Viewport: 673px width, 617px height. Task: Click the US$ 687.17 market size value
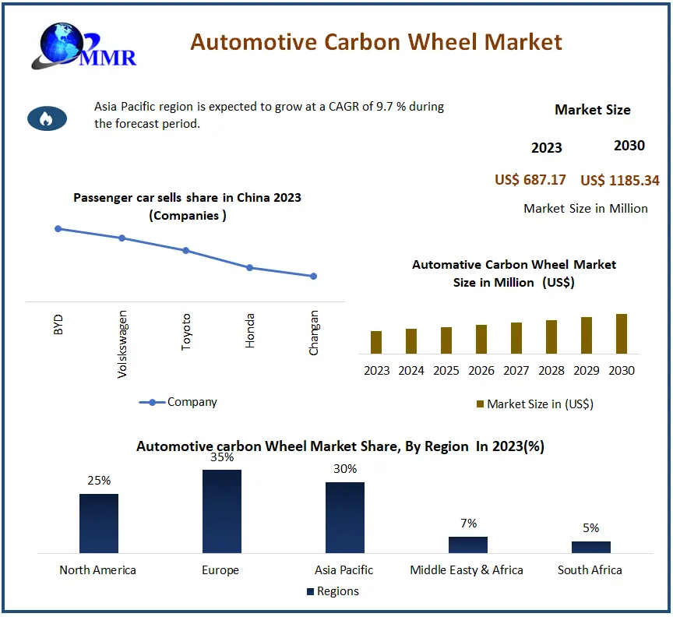(x=530, y=180)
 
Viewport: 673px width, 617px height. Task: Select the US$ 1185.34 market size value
(x=619, y=181)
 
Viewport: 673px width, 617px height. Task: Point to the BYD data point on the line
(x=58, y=228)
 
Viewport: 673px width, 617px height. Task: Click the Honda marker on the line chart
(x=249, y=267)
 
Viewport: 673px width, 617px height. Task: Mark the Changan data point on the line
(x=313, y=276)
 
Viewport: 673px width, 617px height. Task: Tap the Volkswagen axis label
(x=122, y=344)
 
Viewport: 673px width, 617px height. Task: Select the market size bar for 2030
(x=622, y=333)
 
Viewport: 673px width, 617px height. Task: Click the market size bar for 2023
(x=376, y=342)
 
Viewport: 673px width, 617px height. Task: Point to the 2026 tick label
(x=481, y=370)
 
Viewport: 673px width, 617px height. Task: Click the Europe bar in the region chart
(x=221, y=510)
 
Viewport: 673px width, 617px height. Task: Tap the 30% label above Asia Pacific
(x=345, y=468)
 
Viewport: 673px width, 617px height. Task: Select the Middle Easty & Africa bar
(x=468, y=544)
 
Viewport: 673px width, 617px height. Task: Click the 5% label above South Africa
(x=590, y=527)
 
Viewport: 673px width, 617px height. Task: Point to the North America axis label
(x=97, y=569)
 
